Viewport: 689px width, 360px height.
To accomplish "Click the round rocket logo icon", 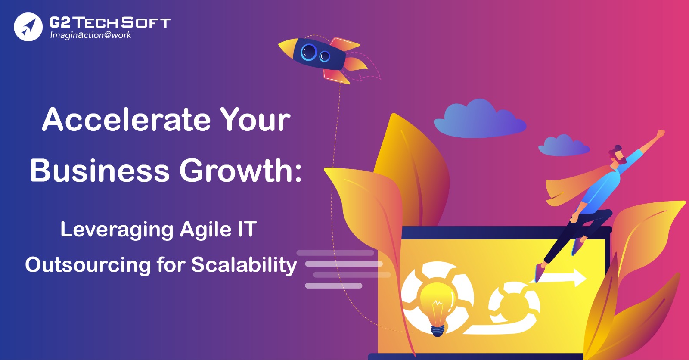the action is (28, 27).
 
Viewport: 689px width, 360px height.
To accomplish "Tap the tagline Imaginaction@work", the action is (91, 35).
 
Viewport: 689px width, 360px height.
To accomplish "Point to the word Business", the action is (99, 170).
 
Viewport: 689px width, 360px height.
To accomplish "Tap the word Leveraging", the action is (117, 230).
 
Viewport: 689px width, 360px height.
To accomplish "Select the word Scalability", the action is (244, 265).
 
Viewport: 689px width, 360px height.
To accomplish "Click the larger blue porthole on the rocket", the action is (308, 52).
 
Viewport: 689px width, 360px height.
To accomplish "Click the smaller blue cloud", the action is (564, 146).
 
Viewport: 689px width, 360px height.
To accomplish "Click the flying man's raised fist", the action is (661, 133).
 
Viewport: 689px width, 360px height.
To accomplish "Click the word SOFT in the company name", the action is (146, 22).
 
